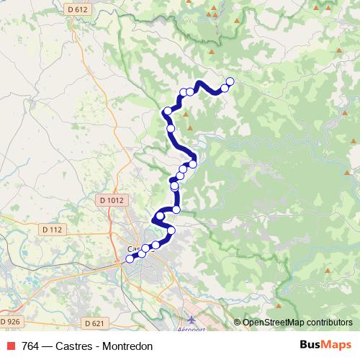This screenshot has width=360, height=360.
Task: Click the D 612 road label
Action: point(76,9)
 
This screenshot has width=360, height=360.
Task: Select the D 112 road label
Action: point(53,230)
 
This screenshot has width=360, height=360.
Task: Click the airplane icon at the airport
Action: point(190,318)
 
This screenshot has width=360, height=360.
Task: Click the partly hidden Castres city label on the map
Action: point(132,250)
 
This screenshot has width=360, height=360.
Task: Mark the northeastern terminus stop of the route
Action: point(230,81)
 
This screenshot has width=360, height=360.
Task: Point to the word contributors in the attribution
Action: point(330,322)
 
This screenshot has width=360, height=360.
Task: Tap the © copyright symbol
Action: point(238,322)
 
